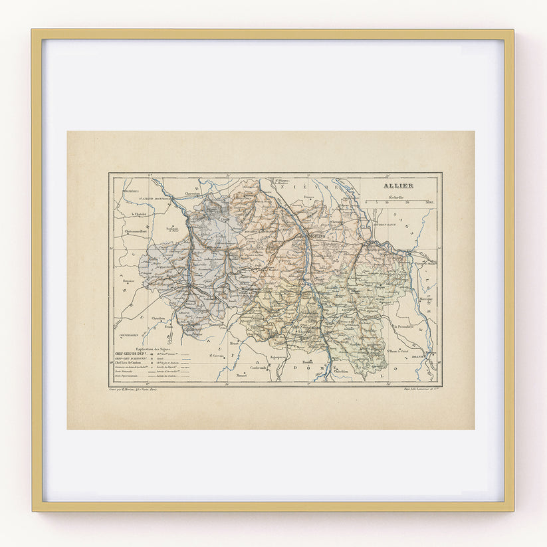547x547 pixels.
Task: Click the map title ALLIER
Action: click(x=397, y=186)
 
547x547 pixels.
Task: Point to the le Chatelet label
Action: click(x=138, y=214)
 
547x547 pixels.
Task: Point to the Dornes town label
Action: click(x=307, y=197)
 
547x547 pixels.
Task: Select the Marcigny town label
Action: click(x=425, y=300)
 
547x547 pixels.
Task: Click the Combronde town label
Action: click(x=259, y=367)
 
